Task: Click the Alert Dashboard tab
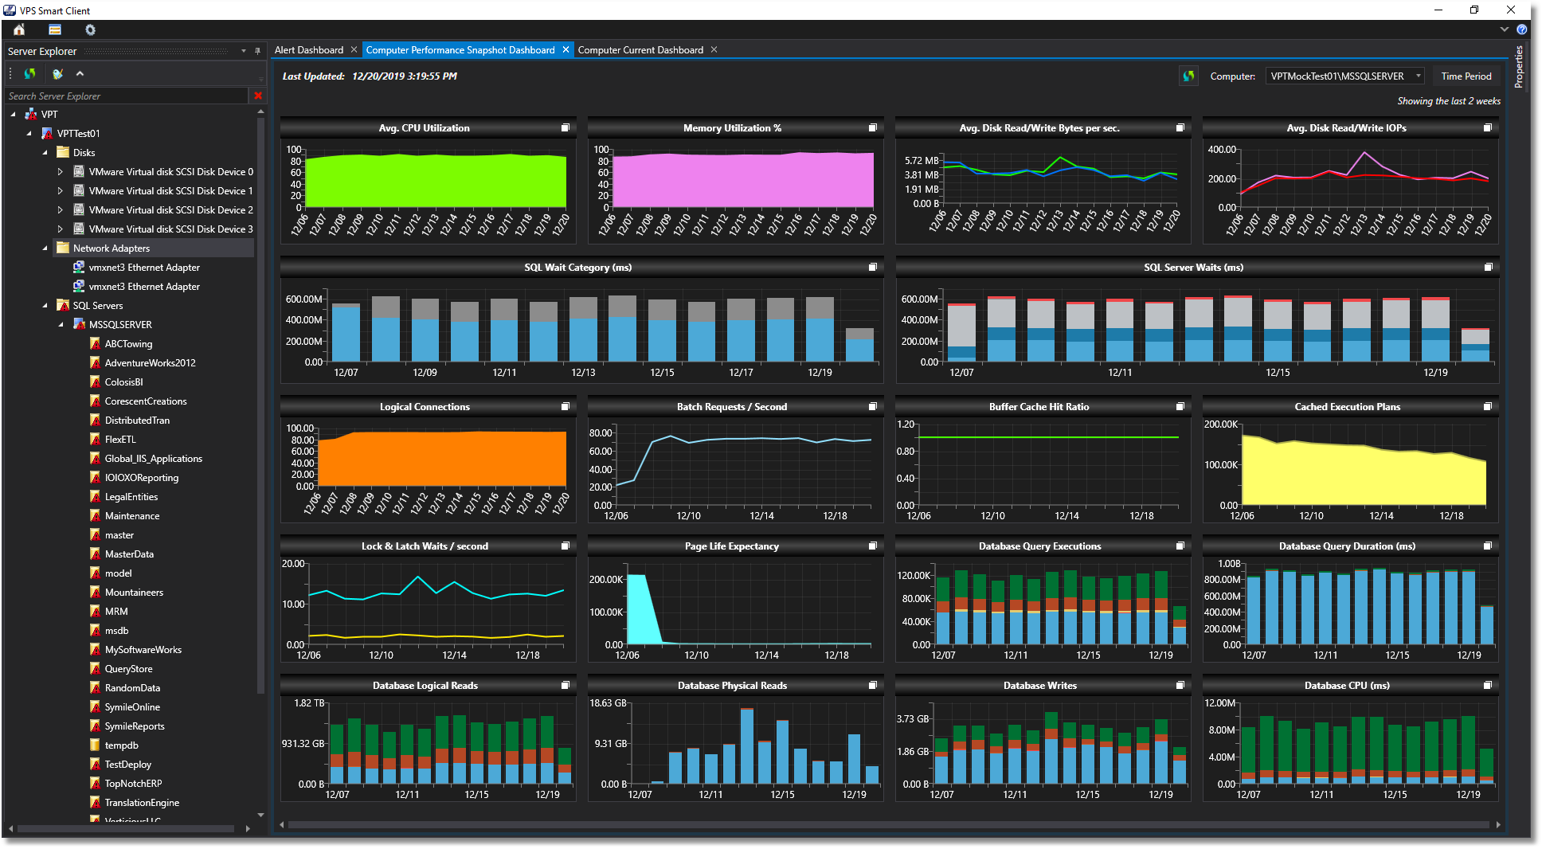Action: click(x=309, y=50)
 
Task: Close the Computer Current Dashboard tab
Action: click(x=714, y=50)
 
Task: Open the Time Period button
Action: click(x=1466, y=76)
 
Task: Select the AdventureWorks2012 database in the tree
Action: click(x=150, y=363)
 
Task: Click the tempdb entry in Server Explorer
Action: click(x=121, y=745)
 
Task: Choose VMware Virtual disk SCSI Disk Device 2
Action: click(x=170, y=210)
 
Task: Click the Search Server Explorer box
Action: click(x=127, y=96)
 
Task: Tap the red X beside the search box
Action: click(x=258, y=96)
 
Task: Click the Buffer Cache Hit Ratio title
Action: click(x=1039, y=407)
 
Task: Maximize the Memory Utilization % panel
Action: click(x=873, y=128)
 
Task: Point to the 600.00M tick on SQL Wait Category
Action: click(x=304, y=299)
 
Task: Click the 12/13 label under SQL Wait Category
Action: click(x=583, y=373)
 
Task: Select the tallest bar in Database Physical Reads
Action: click(x=746, y=745)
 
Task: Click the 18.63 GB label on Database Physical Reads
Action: click(x=608, y=703)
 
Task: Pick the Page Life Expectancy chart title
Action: click(x=731, y=546)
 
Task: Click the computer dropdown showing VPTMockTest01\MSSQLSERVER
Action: click(x=1344, y=76)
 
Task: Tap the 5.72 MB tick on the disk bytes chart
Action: click(x=922, y=161)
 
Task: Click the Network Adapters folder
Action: click(x=111, y=248)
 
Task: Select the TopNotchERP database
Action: click(x=133, y=784)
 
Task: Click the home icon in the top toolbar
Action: click(x=19, y=29)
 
